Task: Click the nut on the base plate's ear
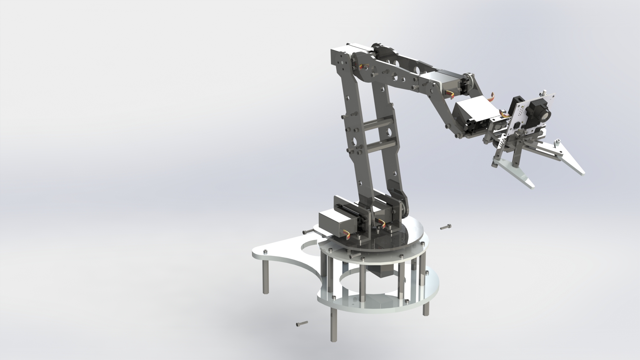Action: click(265, 252)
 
